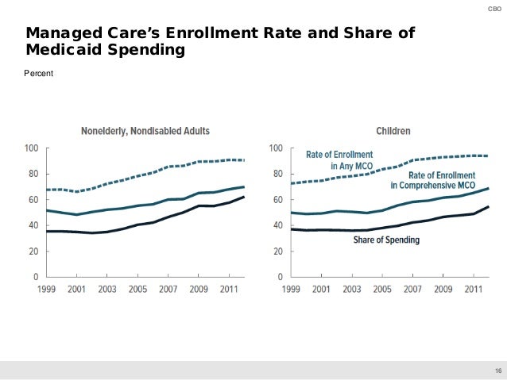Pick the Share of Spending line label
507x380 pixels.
pos(386,239)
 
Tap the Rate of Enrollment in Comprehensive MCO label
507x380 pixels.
pos(432,180)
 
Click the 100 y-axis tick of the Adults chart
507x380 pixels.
pos(32,148)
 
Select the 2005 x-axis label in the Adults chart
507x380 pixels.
pos(138,289)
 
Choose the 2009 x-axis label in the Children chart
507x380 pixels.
pos(443,289)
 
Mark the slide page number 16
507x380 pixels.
pos(498,371)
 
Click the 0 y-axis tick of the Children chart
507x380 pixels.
pos(280,277)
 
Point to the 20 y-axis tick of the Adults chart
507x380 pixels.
pos(34,251)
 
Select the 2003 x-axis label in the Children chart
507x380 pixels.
pos(352,289)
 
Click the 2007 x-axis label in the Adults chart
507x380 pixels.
pos(168,289)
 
